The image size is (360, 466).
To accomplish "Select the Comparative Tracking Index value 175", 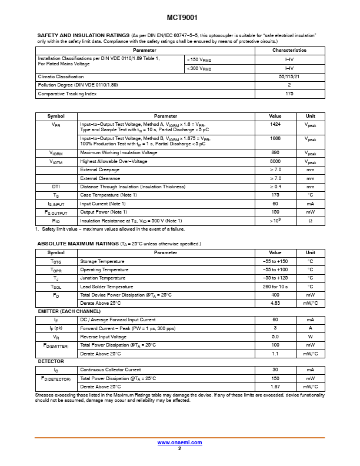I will (x=289, y=94).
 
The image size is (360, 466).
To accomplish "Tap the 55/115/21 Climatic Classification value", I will (x=289, y=76).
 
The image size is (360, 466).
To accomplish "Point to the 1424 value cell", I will (x=275, y=125).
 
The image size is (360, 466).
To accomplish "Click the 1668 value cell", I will (x=275, y=138).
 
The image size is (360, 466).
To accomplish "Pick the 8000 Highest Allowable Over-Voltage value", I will (x=275, y=161).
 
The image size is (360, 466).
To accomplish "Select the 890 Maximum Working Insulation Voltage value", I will (x=275, y=152).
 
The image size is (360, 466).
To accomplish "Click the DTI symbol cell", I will (x=56, y=187).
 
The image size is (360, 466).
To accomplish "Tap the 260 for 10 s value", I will (x=275, y=287).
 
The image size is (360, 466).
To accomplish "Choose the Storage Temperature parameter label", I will (x=102, y=261).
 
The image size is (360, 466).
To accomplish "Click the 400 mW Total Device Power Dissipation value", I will (x=275, y=295).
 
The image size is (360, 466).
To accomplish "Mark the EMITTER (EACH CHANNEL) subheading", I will (x=69, y=311).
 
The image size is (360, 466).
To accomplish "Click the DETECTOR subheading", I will (x=51, y=361).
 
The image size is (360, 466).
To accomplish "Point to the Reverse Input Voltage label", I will (x=104, y=337).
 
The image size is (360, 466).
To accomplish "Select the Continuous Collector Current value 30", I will (x=275, y=370).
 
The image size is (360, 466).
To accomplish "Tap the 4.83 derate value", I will (x=275, y=303).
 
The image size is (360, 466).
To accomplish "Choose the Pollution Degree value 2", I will (x=289, y=85).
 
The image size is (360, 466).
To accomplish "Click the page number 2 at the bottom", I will (x=179, y=448).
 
